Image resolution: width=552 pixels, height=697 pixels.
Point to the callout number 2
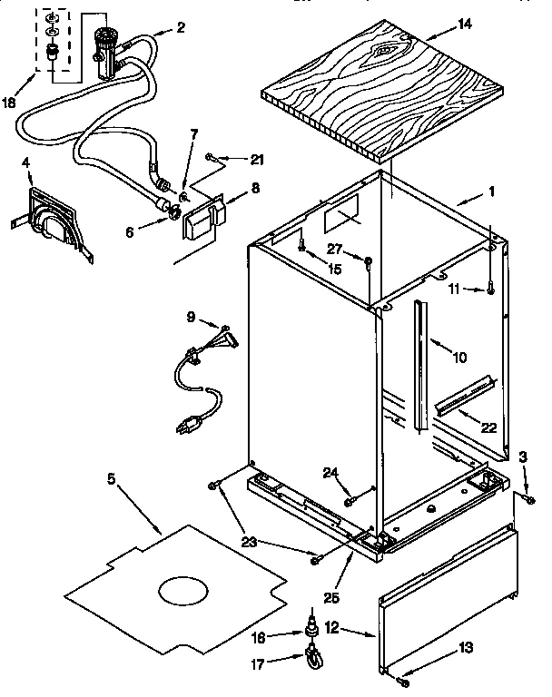(x=181, y=27)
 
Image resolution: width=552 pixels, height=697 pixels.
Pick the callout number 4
(x=26, y=163)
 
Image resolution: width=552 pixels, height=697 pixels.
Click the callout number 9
(x=191, y=317)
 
